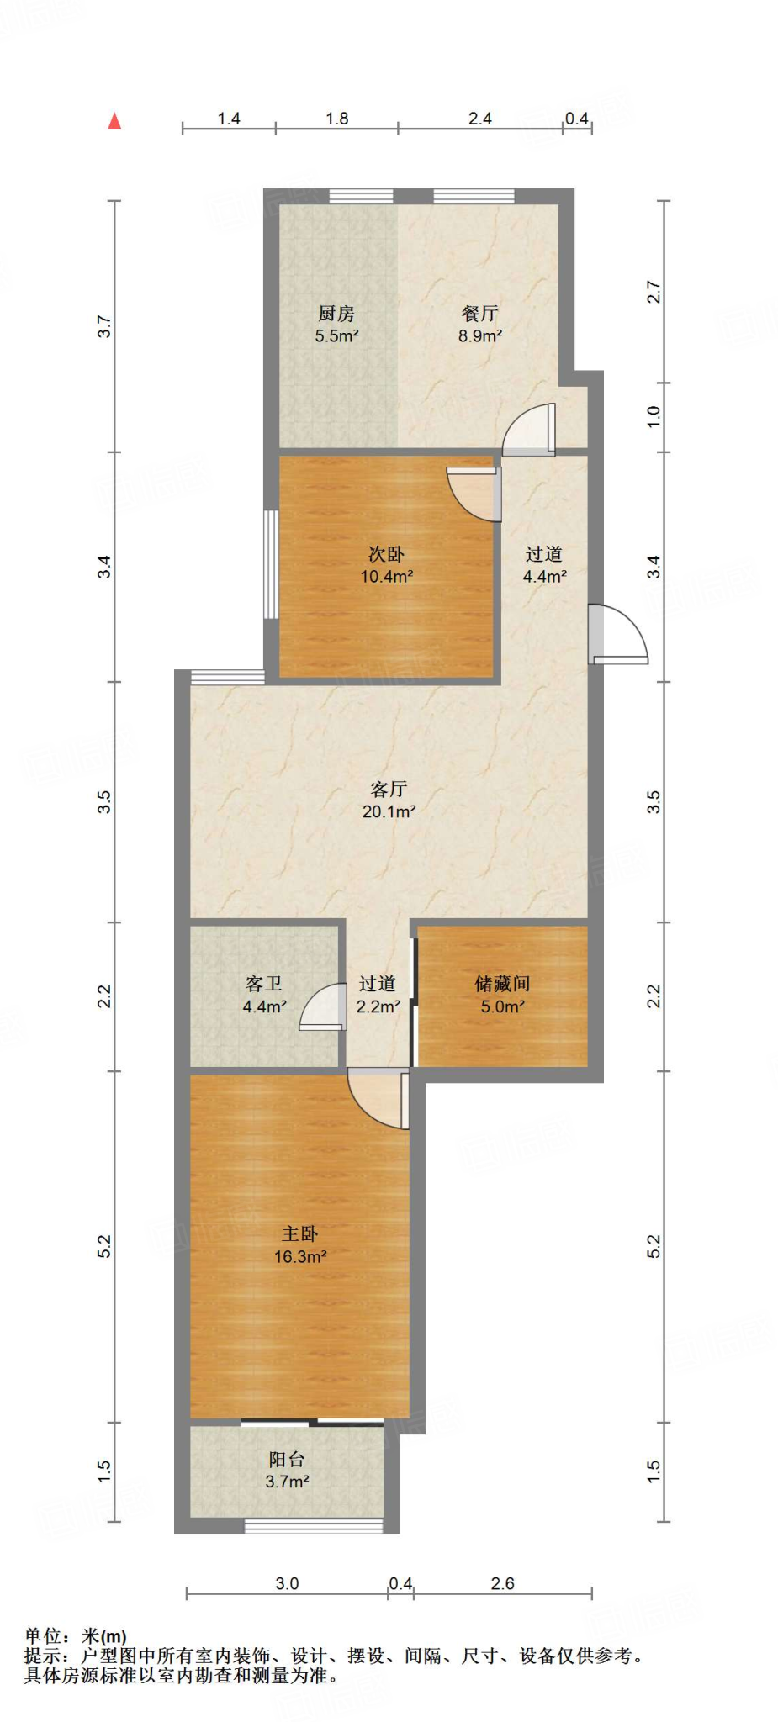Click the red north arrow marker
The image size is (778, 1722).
click(x=114, y=121)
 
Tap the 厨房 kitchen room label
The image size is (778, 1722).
click(x=336, y=314)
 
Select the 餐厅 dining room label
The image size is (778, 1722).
click(x=479, y=314)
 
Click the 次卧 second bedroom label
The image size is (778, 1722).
click(x=386, y=554)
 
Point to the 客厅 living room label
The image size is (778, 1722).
click(x=389, y=789)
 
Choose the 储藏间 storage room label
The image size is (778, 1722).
click(x=502, y=983)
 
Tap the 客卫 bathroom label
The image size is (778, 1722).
click(x=264, y=983)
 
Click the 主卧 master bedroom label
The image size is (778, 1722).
click(x=299, y=1233)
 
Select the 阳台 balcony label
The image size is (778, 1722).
click(x=287, y=1459)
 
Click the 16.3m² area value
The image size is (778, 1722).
click(x=299, y=1257)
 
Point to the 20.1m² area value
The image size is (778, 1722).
click(x=389, y=811)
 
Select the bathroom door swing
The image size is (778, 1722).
click(x=323, y=1006)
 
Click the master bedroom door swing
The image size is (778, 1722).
click(x=381, y=1098)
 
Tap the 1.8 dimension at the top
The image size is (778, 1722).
click(x=337, y=119)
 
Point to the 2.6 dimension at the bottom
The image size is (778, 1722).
click(x=502, y=1583)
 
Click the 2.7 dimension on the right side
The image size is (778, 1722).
click(x=654, y=292)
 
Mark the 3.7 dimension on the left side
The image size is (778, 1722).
click(x=104, y=326)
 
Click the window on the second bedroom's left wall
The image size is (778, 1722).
click(x=270, y=564)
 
